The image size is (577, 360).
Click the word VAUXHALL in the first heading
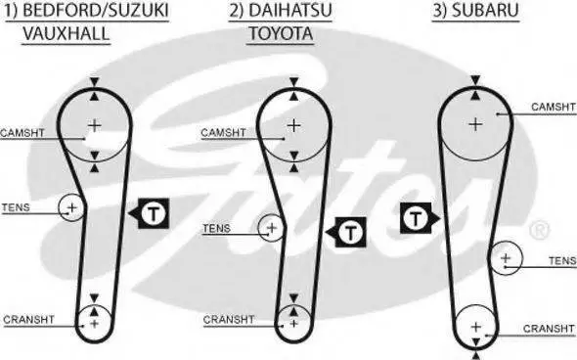[67, 34]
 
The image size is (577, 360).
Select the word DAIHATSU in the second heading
[290, 11]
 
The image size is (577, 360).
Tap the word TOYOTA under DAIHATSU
[281, 34]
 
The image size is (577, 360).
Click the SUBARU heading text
[485, 11]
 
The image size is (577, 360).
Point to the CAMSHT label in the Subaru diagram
[554, 107]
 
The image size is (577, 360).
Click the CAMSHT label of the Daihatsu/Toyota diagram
[223, 132]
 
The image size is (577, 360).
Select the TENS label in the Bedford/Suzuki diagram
[16, 207]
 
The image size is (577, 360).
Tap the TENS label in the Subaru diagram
[562, 261]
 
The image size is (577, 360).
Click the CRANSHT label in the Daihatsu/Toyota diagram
[229, 320]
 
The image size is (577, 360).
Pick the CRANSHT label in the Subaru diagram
[549, 329]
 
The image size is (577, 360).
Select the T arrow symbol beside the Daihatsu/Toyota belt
[346, 232]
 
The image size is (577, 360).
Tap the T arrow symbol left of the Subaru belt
[421, 218]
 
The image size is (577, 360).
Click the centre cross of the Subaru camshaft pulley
[475, 124]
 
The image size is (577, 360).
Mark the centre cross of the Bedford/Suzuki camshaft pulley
[95, 126]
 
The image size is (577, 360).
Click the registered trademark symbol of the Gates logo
[540, 230]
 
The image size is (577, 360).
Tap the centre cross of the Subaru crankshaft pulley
[476, 327]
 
